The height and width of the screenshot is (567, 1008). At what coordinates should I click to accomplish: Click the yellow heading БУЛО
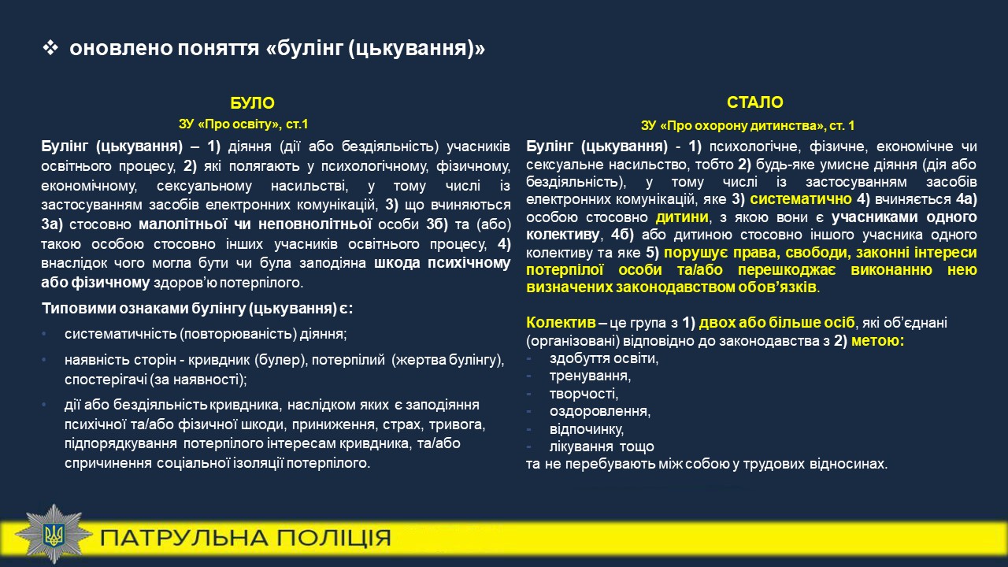252,103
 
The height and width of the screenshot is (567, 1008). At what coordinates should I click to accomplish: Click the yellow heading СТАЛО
754,102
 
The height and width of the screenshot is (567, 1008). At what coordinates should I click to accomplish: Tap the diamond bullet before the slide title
50,48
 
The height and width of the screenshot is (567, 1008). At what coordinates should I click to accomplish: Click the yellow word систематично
801,199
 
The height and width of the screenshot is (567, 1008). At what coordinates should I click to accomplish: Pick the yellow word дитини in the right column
682,217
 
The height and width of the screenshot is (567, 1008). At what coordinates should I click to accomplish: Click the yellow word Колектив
561,322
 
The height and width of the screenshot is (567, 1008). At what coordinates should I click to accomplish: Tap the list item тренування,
590,376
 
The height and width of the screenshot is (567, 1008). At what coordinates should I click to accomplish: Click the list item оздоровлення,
600,411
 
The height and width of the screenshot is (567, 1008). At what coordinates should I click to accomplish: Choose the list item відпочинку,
587,429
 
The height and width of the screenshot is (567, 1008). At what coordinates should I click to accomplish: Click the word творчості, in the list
584,394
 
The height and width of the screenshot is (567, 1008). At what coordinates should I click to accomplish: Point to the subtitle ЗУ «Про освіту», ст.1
243,124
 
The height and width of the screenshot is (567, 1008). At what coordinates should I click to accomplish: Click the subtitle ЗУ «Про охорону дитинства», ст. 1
748,125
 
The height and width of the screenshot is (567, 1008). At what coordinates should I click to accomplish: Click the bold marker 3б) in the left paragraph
437,224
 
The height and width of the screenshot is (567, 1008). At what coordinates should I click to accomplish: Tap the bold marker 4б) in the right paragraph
622,235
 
